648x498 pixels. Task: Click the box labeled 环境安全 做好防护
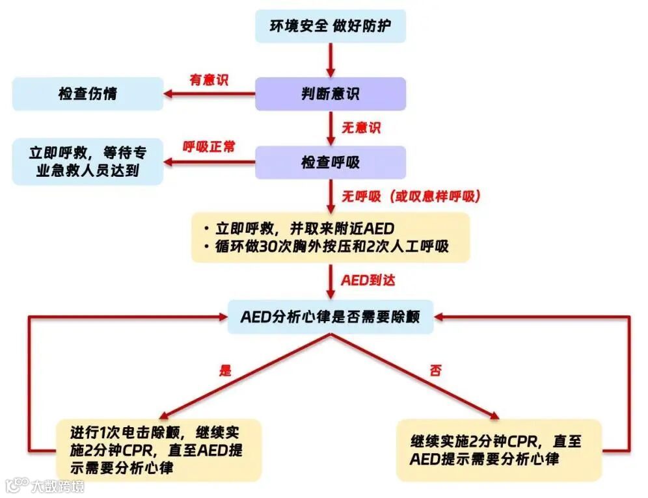(x=330, y=27)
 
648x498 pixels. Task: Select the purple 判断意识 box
(x=330, y=94)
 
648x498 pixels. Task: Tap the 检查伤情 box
(x=88, y=94)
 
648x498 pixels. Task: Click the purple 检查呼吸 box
(x=330, y=162)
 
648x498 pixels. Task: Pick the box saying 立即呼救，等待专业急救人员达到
(x=88, y=162)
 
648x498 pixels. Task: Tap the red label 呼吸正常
(x=209, y=146)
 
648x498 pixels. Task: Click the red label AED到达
(x=368, y=281)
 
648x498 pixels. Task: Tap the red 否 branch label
(x=435, y=371)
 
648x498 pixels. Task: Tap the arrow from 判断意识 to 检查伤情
(x=208, y=94)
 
